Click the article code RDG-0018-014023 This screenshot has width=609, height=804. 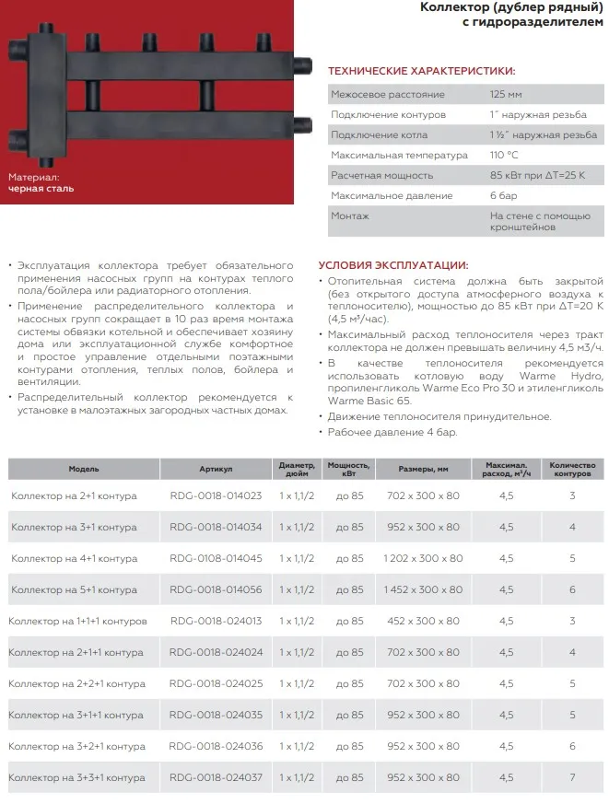(x=216, y=495)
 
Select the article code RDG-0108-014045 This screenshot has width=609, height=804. (x=216, y=558)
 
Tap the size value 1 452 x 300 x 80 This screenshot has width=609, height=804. (x=423, y=589)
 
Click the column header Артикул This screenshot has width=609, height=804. (x=216, y=469)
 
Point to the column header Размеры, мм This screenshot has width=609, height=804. (x=423, y=469)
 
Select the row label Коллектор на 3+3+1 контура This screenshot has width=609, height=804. (x=76, y=777)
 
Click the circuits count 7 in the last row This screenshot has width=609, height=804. (x=572, y=777)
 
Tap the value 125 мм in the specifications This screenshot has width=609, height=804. (x=505, y=95)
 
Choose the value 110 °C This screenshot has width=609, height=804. (x=505, y=155)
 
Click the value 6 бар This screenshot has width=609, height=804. (x=503, y=195)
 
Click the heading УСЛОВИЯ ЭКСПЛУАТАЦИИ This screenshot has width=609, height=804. (x=392, y=264)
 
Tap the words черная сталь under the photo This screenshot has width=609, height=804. (x=41, y=188)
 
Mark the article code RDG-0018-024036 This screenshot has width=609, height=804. (x=216, y=746)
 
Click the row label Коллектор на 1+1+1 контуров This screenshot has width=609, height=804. (x=78, y=621)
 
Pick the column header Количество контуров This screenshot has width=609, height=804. (x=572, y=469)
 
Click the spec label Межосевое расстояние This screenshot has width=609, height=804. (x=387, y=95)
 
